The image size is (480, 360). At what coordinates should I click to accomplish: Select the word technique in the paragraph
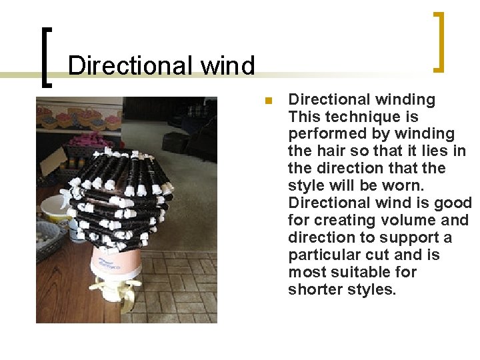353,117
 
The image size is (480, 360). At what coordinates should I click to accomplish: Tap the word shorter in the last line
315,289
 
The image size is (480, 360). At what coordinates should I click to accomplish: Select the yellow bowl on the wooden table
55,207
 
